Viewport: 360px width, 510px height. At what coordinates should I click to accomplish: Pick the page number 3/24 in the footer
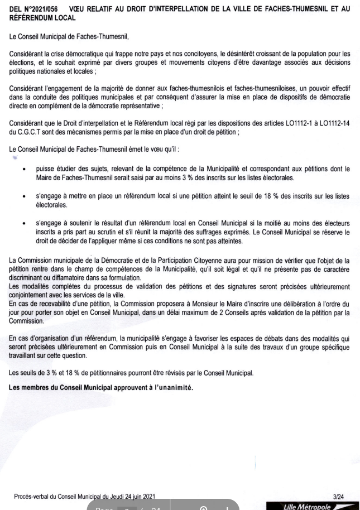coord(338,495)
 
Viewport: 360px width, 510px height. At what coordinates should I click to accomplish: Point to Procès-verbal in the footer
coord(32,495)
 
